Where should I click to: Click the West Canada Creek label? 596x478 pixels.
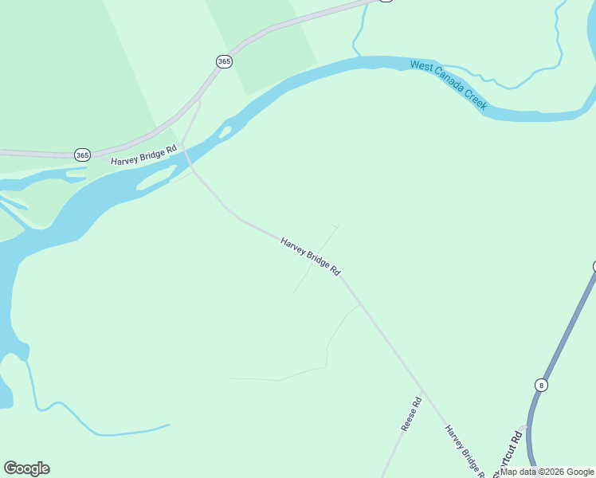(449, 84)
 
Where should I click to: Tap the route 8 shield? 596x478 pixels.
(542, 385)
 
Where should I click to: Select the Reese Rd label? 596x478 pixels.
(410, 415)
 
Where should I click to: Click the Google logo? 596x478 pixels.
(26, 468)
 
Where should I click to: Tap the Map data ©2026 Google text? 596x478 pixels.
(547, 472)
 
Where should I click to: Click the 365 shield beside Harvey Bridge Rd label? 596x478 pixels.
(82, 154)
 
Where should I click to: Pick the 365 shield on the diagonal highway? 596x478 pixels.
(224, 61)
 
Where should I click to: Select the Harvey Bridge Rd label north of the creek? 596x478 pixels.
(143, 155)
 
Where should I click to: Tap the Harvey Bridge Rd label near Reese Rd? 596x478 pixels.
(465, 450)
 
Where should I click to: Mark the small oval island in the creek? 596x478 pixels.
(225, 131)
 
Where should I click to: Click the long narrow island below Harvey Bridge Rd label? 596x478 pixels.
(156, 178)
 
